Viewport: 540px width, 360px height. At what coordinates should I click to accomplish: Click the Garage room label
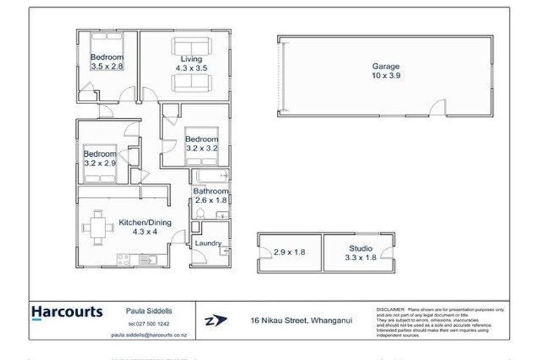tap(385, 67)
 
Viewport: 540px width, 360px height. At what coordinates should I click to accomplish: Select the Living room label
tap(191, 59)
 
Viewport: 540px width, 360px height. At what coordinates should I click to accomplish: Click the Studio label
tap(360, 248)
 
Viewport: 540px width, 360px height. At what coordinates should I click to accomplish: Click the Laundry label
tap(208, 244)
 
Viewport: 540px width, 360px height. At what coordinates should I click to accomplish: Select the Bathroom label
tap(211, 191)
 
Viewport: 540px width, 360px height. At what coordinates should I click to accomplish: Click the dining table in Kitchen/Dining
tap(97, 229)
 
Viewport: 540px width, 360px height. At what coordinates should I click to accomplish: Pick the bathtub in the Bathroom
tap(211, 176)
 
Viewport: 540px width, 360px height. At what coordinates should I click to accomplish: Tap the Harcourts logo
tap(67, 311)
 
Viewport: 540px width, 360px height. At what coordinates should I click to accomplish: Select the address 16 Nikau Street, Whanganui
tap(302, 321)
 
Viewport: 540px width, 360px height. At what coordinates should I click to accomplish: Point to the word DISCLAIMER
tap(391, 309)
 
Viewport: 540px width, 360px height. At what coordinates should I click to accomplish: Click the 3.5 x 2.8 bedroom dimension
tap(107, 65)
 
